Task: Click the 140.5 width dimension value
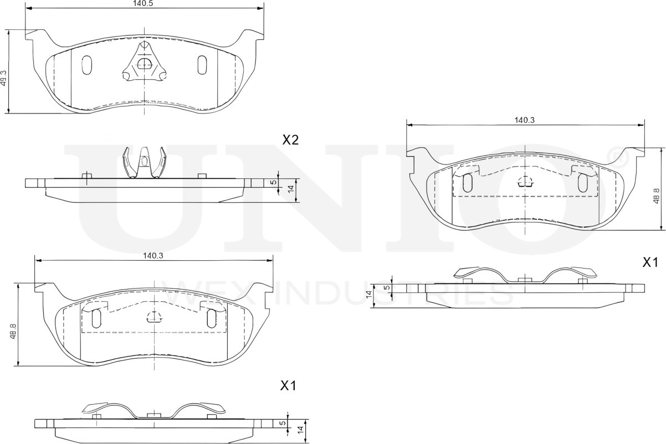143,3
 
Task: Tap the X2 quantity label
290,140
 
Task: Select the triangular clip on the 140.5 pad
144,65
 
